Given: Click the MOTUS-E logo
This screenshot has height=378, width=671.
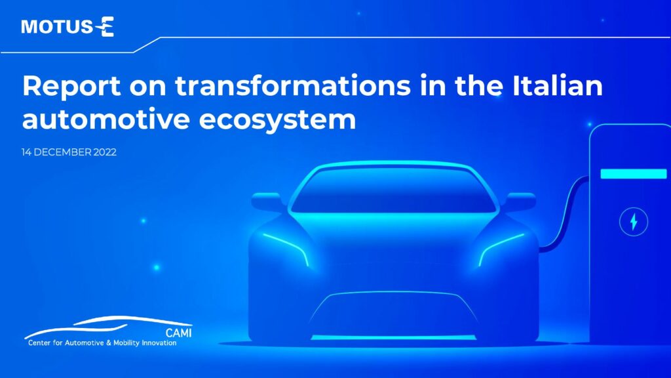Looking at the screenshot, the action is [x=67, y=26].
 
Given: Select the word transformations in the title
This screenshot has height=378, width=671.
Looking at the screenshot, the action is [x=293, y=85].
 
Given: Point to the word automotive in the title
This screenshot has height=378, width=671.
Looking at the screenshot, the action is [x=105, y=119].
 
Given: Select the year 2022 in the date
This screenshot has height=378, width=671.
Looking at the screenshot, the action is [x=105, y=152].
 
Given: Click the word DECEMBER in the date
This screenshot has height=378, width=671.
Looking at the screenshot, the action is [x=62, y=152].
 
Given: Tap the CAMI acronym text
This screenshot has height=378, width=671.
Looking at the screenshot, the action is [x=178, y=333].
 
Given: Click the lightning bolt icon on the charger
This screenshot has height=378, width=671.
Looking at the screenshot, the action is [x=634, y=222].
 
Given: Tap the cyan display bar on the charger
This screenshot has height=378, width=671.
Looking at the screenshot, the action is [x=634, y=173].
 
